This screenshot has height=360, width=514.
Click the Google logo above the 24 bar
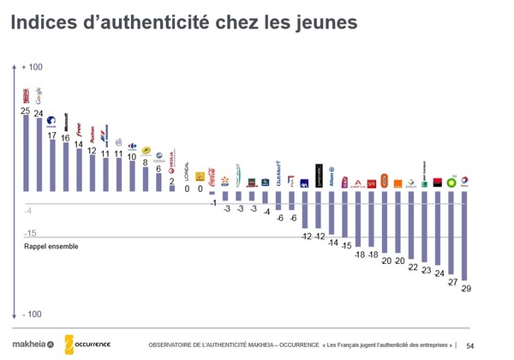click(x=39, y=96)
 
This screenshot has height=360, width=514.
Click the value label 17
click(x=52, y=135)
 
